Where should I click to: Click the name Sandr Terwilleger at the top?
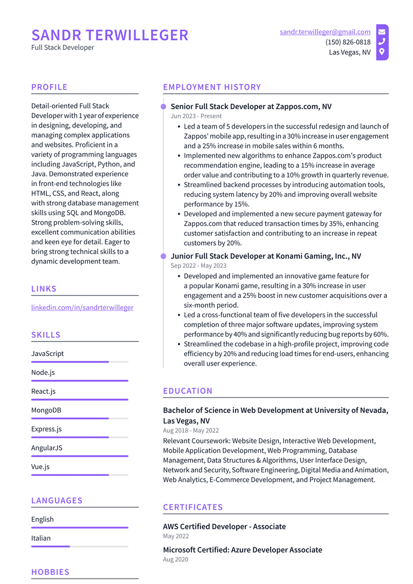110,35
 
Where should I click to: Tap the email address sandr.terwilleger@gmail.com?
325,32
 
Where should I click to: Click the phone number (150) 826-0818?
347,42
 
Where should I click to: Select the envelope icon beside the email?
382,32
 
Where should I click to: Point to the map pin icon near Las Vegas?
382,52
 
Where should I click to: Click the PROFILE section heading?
49,87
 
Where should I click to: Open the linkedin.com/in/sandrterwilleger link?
82,308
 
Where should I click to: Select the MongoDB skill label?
46,410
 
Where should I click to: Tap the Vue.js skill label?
40,467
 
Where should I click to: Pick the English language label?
42,519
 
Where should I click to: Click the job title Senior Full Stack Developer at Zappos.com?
251,106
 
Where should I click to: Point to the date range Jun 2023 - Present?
196,116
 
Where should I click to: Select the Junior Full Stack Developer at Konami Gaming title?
266,256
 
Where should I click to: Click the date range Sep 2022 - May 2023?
198,266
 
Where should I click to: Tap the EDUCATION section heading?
188,391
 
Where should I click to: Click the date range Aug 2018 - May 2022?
191,431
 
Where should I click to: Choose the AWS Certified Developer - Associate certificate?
224,526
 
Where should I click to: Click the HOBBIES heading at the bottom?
50,572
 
